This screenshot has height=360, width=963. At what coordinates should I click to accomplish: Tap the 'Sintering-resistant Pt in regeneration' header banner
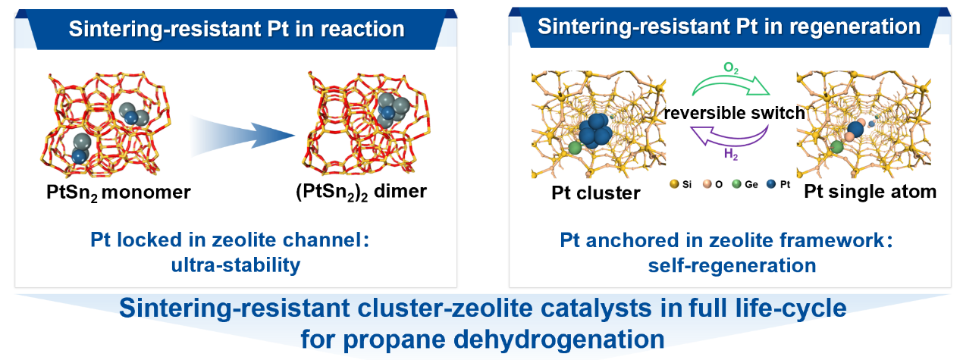tap(729, 27)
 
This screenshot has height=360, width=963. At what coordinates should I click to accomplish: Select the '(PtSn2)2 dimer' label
tap(362, 192)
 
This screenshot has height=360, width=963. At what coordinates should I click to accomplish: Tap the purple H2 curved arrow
tap(729, 137)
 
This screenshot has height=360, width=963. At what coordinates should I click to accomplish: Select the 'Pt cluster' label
tap(595, 193)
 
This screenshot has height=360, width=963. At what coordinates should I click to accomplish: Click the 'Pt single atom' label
tap(870, 193)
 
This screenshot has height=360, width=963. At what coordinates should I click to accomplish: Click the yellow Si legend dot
tap(674, 185)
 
